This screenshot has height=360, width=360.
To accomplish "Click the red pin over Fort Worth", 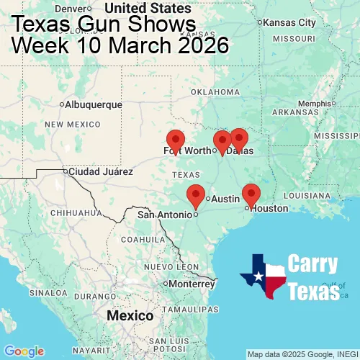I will click(175, 141).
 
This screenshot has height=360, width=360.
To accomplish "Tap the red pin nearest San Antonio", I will click(195, 195).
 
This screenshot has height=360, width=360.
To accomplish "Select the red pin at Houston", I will click(251, 194).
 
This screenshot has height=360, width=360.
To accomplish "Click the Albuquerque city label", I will click(93, 104).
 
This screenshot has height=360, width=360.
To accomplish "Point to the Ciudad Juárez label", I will click(100, 172).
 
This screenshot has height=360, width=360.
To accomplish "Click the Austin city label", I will click(225, 198).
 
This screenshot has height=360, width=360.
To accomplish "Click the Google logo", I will click(23, 351).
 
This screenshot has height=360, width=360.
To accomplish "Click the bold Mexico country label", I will click(130, 316).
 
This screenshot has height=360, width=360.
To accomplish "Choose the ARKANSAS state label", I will click(300, 112).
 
